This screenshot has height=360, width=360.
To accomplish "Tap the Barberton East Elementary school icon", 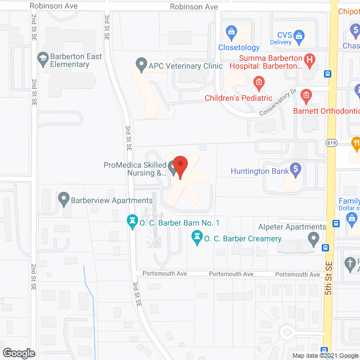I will [x=42, y=57].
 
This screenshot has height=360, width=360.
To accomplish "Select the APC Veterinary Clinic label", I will [x=186, y=65].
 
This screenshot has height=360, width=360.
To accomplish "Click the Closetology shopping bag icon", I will [x=230, y=30].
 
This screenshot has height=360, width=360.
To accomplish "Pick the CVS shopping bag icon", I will [x=300, y=37].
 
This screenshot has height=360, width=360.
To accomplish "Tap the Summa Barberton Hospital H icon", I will [x=309, y=58].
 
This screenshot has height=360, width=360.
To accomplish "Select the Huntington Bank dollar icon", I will [x=295, y=170].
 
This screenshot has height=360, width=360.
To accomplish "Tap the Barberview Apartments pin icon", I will [x=64, y=199].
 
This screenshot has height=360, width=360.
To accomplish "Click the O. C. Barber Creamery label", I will [x=242, y=239].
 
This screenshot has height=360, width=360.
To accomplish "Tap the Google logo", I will [x=19, y=353].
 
